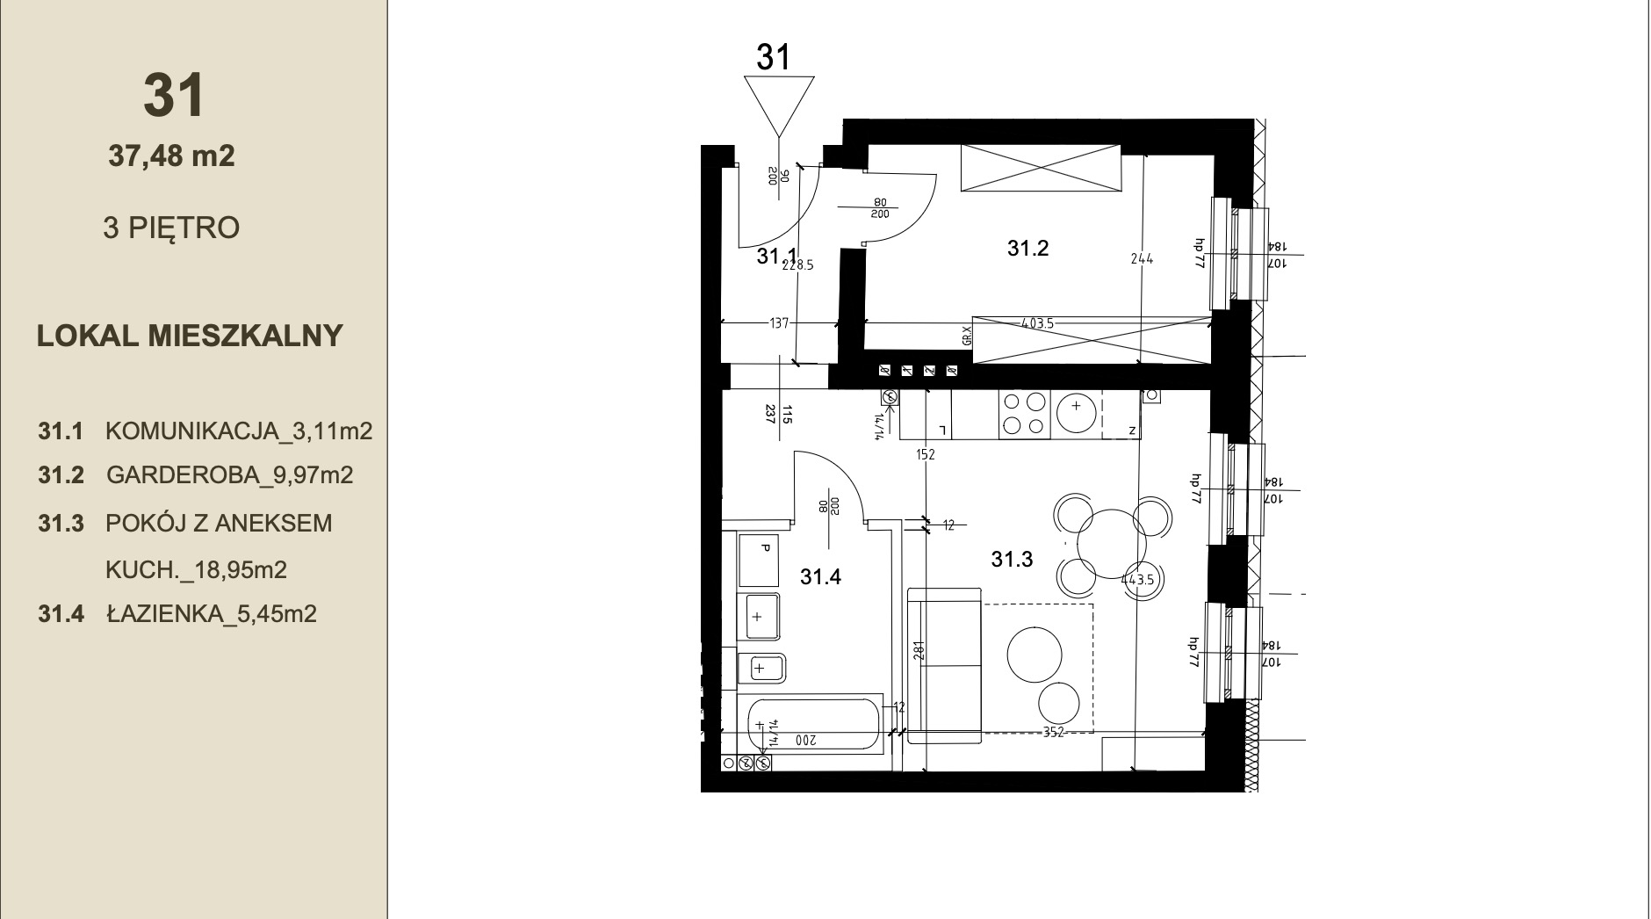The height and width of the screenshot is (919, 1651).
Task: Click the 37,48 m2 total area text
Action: click(171, 156)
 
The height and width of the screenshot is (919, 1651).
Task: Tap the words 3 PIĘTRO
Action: click(171, 228)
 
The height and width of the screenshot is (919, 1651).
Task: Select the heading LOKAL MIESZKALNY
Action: click(190, 336)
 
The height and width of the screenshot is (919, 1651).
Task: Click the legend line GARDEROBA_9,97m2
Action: click(229, 475)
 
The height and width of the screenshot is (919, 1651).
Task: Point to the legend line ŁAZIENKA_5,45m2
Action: click(211, 613)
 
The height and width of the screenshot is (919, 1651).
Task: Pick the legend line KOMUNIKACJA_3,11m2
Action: click(239, 431)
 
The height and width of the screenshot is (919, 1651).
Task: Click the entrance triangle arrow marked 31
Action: click(778, 102)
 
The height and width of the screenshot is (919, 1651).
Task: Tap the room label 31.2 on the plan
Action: click(1027, 249)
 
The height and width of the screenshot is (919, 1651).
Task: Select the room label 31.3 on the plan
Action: click(1012, 559)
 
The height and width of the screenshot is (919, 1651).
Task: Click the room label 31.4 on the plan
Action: click(820, 577)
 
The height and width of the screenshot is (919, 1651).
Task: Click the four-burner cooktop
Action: click(1024, 414)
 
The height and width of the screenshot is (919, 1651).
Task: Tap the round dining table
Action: click(1112, 540)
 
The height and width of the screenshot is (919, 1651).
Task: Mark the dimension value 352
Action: click(1053, 733)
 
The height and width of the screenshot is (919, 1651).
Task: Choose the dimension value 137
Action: click(779, 323)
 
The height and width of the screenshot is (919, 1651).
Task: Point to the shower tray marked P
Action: click(760, 560)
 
